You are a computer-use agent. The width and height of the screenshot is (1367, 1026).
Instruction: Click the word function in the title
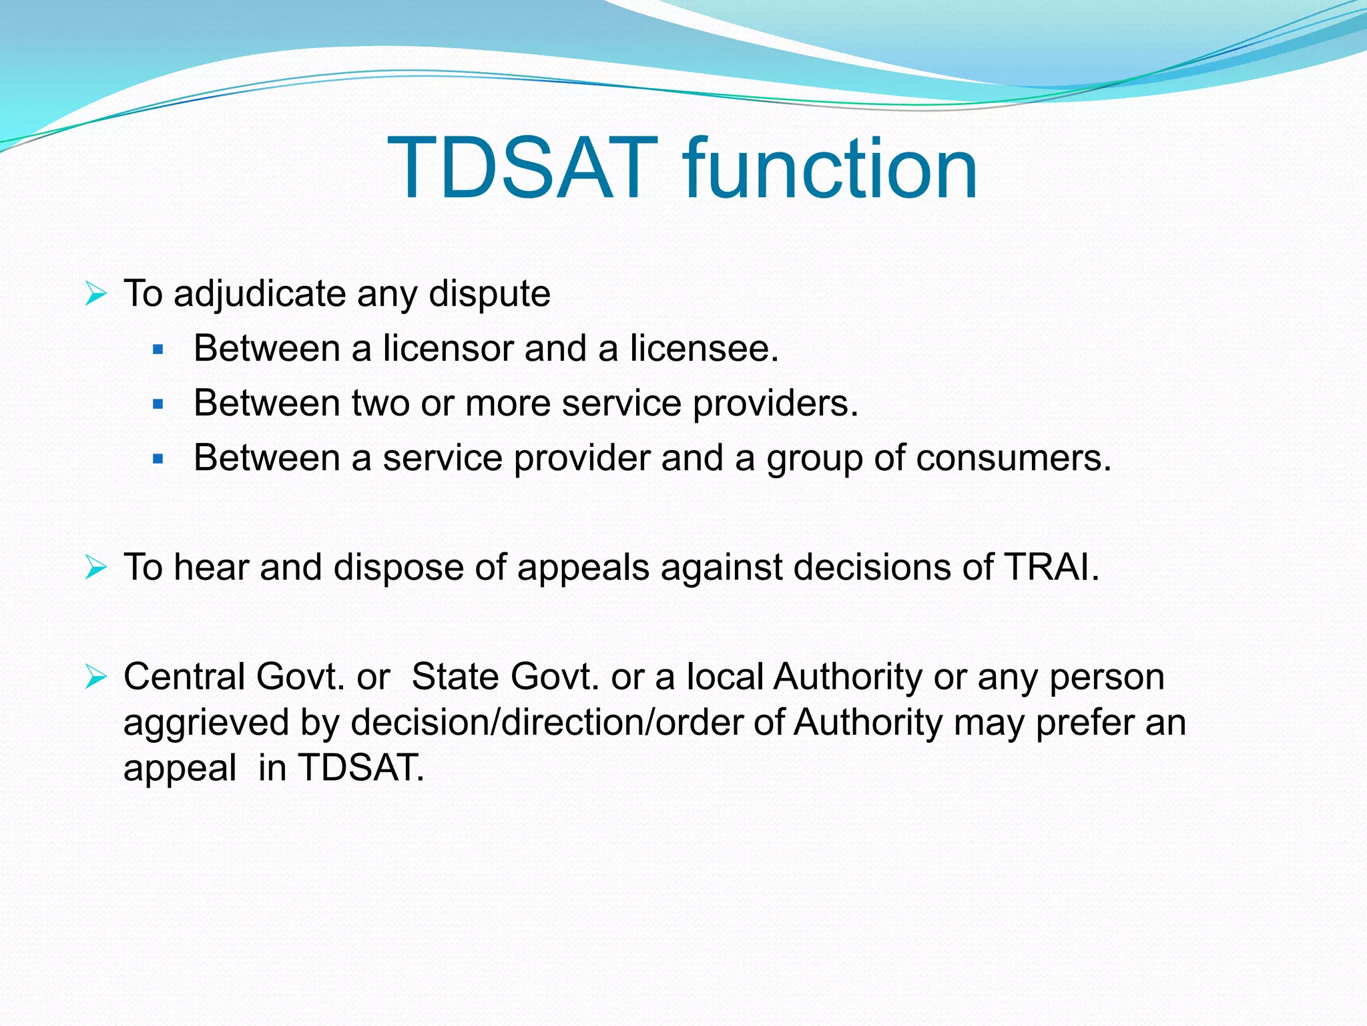(829, 168)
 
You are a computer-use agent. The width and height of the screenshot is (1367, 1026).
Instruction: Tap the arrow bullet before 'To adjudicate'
(96, 294)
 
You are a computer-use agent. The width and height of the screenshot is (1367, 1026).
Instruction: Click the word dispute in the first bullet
(489, 295)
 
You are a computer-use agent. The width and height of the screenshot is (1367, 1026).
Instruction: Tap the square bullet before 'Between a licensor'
(158, 349)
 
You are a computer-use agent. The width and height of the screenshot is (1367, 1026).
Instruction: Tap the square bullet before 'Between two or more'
(158, 404)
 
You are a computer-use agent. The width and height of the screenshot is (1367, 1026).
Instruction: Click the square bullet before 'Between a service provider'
(158, 459)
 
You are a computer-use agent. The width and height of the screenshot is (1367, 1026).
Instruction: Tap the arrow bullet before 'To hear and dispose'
(96, 568)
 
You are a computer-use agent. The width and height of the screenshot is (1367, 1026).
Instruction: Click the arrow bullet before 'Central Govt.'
(96, 677)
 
